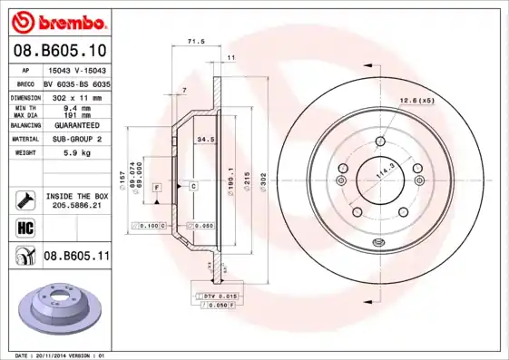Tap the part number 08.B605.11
[76, 258]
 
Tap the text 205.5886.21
[76, 206]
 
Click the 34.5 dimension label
[205, 140]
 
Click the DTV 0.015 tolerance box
[218, 297]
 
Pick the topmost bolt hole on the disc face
[378, 141]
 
